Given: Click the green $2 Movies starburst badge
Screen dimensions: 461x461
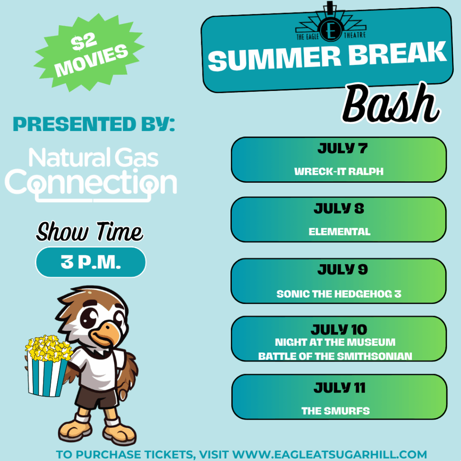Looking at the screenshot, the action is (x=89, y=53).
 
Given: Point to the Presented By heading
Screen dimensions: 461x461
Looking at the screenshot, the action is (x=94, y=124).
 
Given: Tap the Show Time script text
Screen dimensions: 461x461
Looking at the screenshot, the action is (x=90, y=232).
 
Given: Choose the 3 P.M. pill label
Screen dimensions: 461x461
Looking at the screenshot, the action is (x=90, y=262).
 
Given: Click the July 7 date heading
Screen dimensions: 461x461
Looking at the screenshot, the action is (x=343, y=148).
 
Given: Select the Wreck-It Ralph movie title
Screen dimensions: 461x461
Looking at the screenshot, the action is (x=339, y=172).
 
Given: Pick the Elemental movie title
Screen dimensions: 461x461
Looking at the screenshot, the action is (x=339, y=232).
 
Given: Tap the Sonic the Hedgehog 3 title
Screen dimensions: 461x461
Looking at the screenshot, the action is (x=339, y=294).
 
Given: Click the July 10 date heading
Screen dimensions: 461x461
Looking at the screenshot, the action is (x=339, y=330).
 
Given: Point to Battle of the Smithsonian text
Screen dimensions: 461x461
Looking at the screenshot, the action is (x=335, y=357).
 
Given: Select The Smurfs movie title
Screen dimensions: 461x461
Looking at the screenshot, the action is (x=335, y=411).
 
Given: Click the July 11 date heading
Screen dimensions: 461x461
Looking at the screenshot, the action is (x=339, y=388).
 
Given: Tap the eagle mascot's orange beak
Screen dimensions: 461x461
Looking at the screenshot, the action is (x=105, y=334).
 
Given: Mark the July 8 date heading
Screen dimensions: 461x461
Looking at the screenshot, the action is (x=339, y=208).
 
